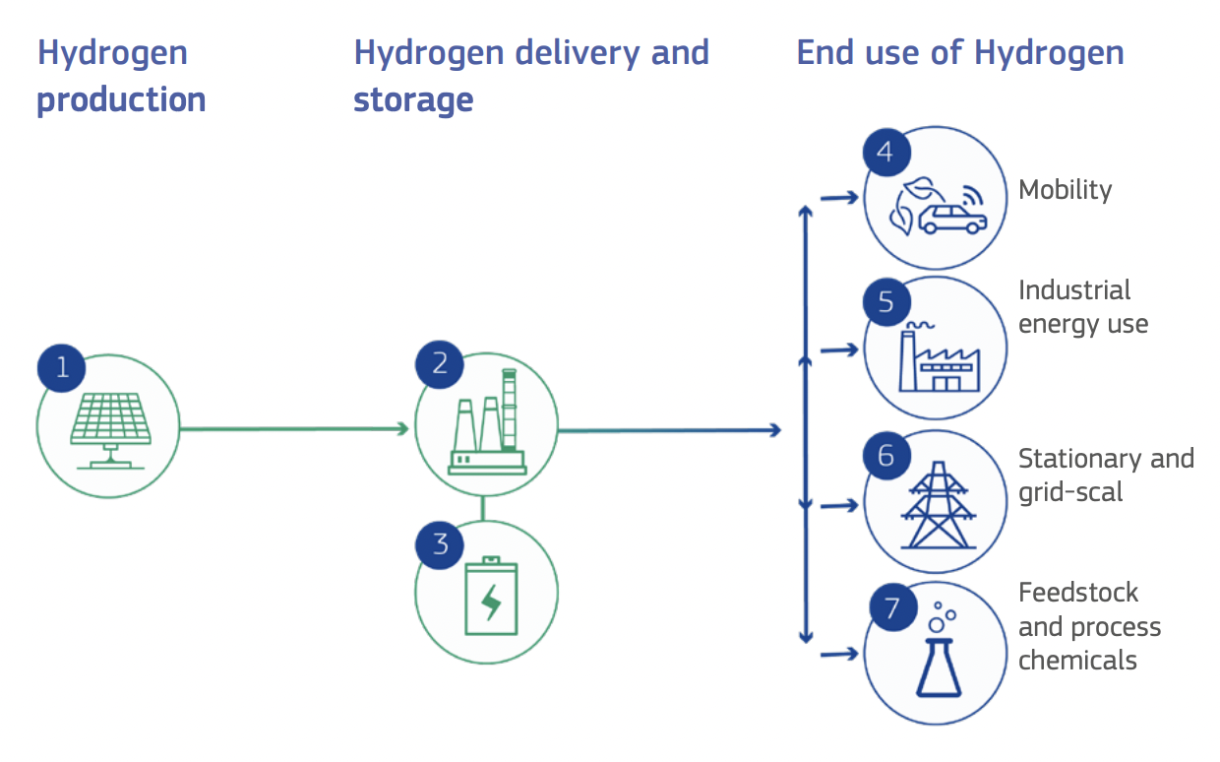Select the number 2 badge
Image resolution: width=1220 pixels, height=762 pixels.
click(440, 365)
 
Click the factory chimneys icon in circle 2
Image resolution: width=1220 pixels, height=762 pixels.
click(487, 425)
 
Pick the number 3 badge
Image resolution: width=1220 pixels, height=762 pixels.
click(440, 544)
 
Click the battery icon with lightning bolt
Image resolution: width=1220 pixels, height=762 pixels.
click(489, 596)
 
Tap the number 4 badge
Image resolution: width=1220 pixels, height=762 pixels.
click(885, 154)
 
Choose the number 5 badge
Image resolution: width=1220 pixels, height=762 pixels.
click(886, 302)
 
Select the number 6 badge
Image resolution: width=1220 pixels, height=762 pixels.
click(886, 456)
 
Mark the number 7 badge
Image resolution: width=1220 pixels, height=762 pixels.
click(892, 607)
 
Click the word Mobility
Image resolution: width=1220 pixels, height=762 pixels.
click(1066, 189)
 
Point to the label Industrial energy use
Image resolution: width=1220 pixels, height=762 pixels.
click(1082, 307)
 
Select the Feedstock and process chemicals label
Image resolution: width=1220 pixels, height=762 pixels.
click(1089, 626)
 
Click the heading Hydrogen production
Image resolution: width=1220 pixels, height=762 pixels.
click(121, 76)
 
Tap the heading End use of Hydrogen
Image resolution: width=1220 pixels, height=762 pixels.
click(959, 53)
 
